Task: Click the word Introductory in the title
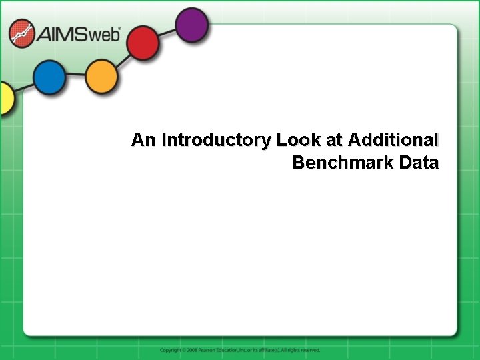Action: pos(216,140)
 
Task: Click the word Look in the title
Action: pos(293,140)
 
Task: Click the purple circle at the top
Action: pos(192,26)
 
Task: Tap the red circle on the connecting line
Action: pos(143,44)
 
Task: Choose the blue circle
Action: pos(49,78)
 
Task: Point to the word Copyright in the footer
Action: pos(170,350)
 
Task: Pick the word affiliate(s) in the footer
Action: pos(269,350)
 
